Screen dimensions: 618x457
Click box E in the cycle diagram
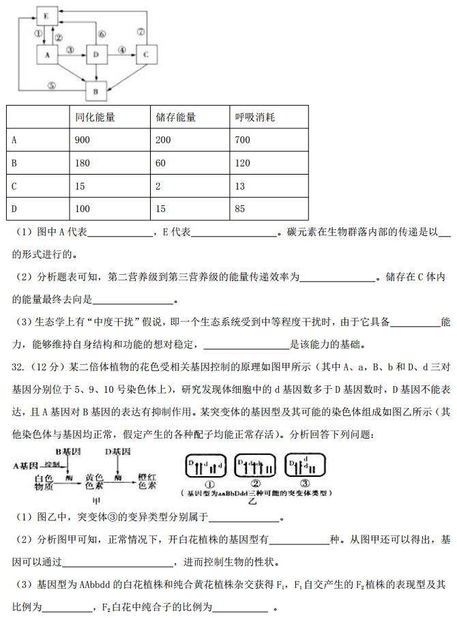(47, 14)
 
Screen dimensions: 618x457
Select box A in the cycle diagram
(47, 54)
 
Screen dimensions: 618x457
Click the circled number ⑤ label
(51, 86)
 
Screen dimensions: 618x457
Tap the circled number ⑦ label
(141, 31)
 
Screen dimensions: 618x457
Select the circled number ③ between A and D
(70, 50)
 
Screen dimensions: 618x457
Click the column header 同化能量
(95, 117)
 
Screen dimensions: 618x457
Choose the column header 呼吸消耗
(255, 117)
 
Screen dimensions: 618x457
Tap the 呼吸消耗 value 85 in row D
(239, 209)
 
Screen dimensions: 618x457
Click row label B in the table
(14, 163)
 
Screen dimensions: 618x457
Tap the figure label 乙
(252, 501)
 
